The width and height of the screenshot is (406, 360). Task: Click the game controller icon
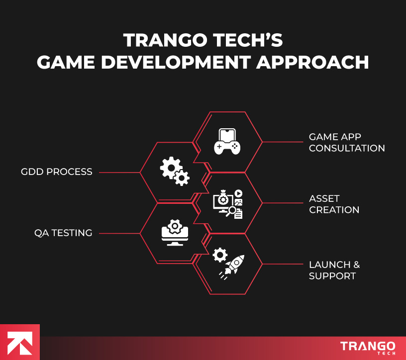[x=227, y=141]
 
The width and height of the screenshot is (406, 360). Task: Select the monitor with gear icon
[x=175, y=233]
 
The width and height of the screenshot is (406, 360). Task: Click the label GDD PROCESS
[x=57, y=172]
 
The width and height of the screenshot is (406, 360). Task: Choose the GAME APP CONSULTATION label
[x=347, y=142]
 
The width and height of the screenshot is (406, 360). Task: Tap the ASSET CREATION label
[x=334, y=204]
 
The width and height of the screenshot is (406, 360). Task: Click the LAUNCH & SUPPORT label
[x=334, y=270]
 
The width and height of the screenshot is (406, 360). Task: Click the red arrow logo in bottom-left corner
[x=19, y=342]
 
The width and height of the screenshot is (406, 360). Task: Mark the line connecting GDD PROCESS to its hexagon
[x=119, y=173]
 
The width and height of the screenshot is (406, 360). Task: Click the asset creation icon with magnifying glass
[x=228, y=204]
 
